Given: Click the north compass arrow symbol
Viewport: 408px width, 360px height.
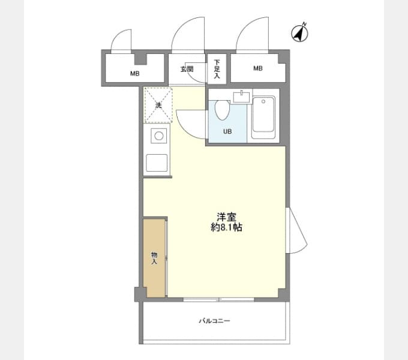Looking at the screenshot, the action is pos(299,33).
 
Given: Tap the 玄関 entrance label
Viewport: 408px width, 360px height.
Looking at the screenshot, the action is pos(187,70).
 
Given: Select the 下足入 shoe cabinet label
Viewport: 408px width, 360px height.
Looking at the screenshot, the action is pos(217,69).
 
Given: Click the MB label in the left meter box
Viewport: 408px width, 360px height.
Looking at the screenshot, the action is pos(135,74).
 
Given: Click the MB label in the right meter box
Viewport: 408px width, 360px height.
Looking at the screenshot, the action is pos(258,68).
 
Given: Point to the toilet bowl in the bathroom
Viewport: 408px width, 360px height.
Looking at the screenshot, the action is pos(222,110).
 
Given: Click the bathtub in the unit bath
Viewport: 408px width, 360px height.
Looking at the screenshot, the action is pos(263,117).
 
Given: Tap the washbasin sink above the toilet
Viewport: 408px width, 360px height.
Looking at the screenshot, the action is pos(241,97).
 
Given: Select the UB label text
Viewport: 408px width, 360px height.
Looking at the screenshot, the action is pos(227,131).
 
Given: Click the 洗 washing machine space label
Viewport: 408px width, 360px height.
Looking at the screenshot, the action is pos(158,106).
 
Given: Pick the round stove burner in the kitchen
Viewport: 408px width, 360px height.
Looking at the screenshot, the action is pos(159,136).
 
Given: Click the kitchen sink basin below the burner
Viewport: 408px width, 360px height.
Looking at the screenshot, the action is pos(157,163).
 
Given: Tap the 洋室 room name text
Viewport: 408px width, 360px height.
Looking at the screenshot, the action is pos(227,217).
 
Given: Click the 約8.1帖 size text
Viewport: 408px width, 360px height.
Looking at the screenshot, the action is pos(226,227).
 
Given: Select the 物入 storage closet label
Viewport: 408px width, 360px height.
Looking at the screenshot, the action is pos(154,258).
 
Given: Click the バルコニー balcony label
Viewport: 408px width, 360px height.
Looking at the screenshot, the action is pos(215,321).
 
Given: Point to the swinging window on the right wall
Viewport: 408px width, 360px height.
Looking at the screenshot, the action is pos(296,230).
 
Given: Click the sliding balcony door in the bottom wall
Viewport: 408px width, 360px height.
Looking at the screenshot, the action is pos(218,299).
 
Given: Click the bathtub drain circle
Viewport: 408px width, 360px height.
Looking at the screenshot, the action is pos(263,101).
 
